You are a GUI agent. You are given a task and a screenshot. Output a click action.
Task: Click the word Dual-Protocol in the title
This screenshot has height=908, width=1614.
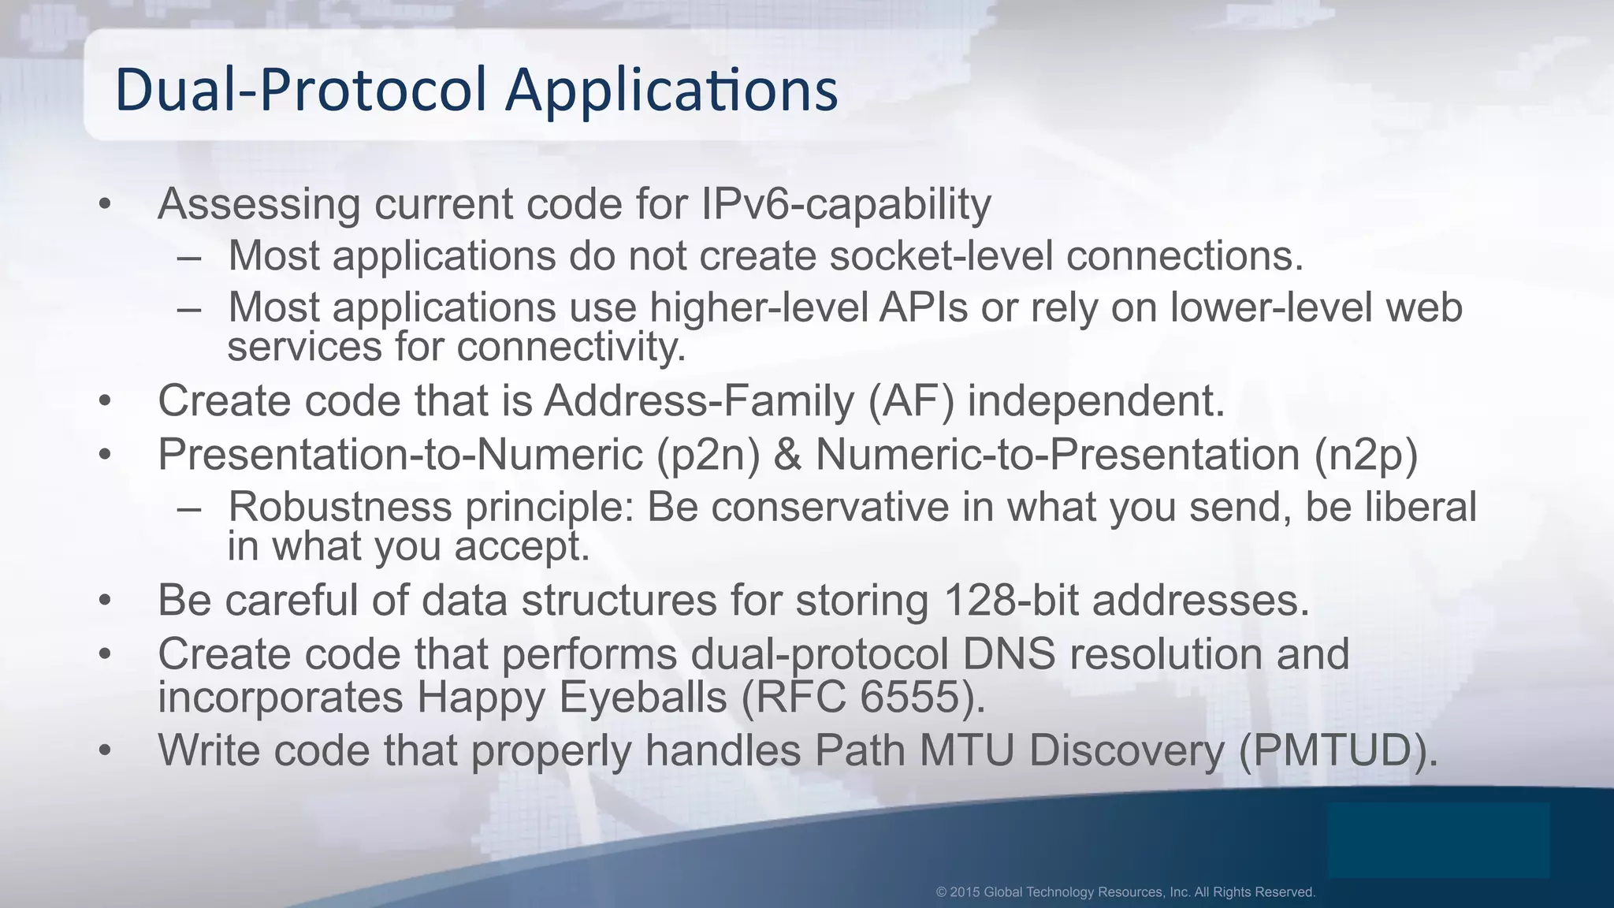300,90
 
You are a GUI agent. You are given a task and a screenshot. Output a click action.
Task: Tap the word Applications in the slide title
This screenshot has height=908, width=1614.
671,90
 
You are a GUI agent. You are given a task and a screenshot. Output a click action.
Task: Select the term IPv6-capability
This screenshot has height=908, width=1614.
846,204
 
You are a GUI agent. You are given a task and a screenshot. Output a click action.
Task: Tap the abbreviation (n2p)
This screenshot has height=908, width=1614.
1365,455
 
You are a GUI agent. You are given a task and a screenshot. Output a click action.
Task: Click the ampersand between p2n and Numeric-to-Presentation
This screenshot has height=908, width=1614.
787,455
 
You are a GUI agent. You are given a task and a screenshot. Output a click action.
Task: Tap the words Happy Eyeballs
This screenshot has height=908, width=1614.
571,697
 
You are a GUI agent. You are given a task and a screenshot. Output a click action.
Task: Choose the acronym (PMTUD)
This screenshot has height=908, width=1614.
1338,750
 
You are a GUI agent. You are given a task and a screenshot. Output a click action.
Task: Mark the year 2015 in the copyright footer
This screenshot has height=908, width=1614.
965,892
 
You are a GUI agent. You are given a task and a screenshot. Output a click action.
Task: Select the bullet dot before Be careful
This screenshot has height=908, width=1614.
106,601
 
